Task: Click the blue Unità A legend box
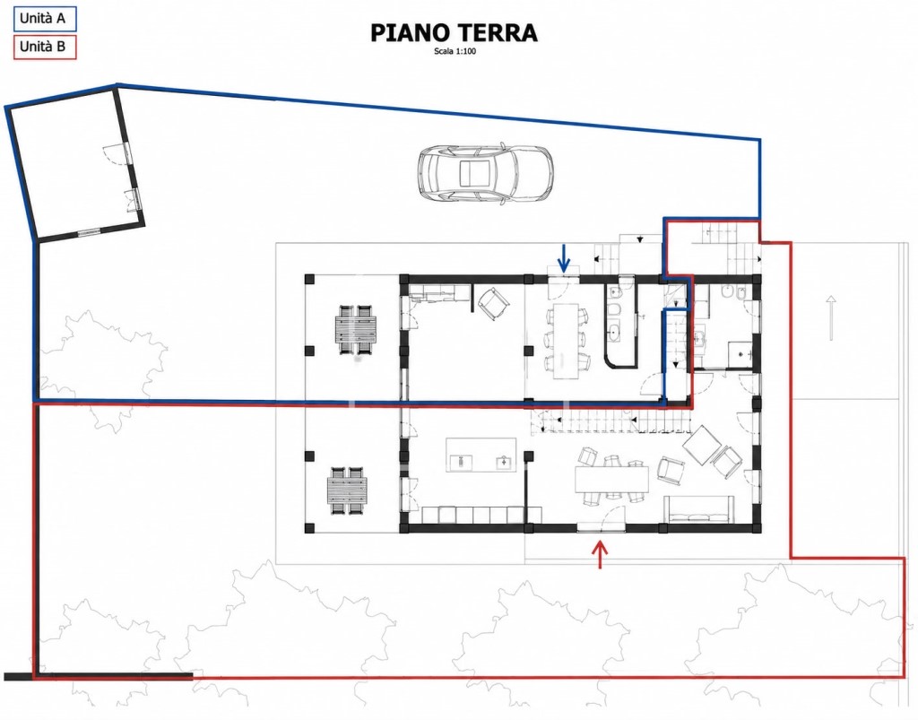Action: (x=45, y=18)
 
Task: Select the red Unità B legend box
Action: (x=45, y=47)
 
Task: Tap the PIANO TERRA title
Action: (x=454, y=33)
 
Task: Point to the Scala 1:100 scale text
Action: (x=454, y=51)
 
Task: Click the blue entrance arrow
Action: (x=564, y=258)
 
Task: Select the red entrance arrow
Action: (x=600, y=554)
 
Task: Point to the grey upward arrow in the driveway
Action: (x=830, y=317)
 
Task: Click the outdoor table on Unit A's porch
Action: (x=356, y=329)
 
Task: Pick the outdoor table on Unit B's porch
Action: (x=349, y=490)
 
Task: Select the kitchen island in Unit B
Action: (x=481, y=455)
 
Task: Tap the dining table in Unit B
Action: (x=611, y=480)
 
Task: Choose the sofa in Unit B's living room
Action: (x=698, y=508)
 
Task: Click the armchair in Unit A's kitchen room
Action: (x=494, y=303)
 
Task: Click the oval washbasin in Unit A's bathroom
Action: (x=615, y=334)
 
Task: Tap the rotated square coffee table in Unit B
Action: (x=702, y=445)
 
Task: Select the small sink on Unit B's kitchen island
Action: (x=503, y=463)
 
